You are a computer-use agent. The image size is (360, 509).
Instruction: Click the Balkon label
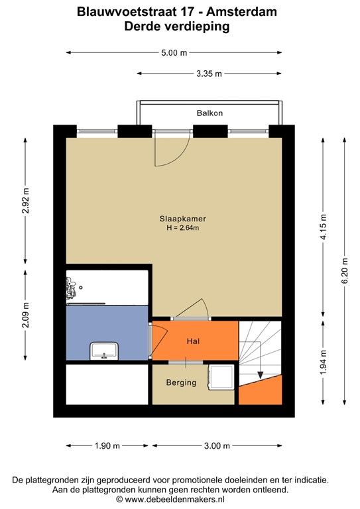[210, 113]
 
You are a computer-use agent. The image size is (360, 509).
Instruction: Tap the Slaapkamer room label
[183, 219]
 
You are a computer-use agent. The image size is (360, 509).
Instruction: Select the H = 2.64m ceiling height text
[183, 228]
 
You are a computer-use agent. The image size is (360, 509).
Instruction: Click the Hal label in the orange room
[193, 341]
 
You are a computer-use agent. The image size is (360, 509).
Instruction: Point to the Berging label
[181, 382]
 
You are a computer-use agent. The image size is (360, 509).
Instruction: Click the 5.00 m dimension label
[174, 52]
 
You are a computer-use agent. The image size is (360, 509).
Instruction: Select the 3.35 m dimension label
[209, 74]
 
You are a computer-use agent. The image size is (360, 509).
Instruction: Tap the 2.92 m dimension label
[25, 200]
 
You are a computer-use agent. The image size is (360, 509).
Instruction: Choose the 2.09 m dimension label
[25, 315]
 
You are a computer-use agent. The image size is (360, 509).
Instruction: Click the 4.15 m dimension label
[324, 227]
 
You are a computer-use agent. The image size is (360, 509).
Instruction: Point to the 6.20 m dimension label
[345, 270]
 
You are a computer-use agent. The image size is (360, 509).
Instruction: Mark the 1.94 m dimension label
[324, 363]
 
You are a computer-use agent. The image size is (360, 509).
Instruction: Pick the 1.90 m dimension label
[107, 446]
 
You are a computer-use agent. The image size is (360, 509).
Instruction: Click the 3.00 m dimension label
[217, 446]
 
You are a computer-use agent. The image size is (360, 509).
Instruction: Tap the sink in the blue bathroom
[104, 351]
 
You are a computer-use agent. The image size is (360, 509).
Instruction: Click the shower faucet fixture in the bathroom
[71, 288]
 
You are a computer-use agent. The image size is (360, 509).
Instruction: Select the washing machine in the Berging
[221, 376]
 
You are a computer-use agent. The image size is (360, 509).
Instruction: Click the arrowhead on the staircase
[260, 375]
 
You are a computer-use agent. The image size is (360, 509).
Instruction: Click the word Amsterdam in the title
[241, 12]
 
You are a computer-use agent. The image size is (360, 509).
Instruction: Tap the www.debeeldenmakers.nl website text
[174, 499]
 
